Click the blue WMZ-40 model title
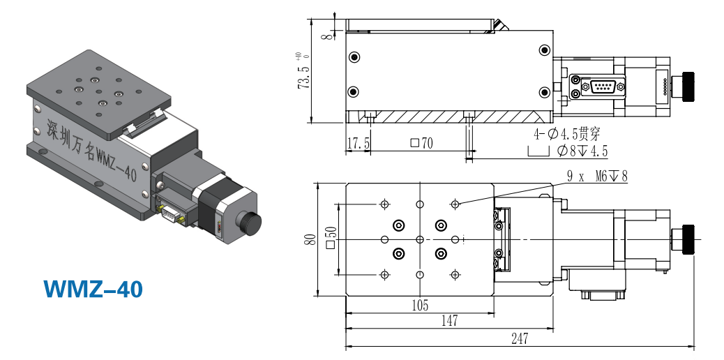pos(93,290)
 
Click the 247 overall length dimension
pos(520,339)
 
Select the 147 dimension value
pos(449,320)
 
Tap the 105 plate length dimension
pos(420,305)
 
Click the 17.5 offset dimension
pos(359,143)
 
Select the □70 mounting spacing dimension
pos(422,143)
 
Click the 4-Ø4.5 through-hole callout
pos(568,135)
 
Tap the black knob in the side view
pos(688,87)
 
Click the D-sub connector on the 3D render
pos(170,213)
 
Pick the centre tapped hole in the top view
pos(420,239)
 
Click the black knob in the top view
pos(688,239)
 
